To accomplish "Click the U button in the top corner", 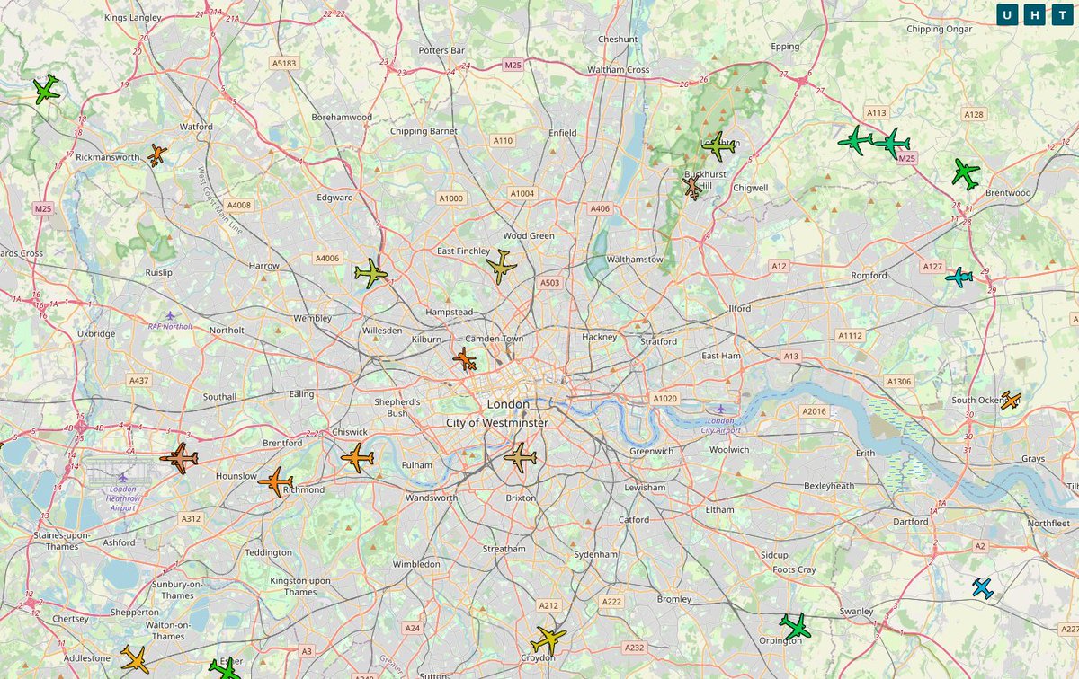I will click(1008, 15).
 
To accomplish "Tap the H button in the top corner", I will click(1035, 15).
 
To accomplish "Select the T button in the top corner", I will click(1062, 15).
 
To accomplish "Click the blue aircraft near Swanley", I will click(983, 589).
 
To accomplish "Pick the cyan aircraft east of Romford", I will click(959, 277).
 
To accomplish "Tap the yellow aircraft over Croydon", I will click(548, 639).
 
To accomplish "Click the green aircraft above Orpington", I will click(795, 626).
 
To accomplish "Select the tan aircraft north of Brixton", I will click(521, 458).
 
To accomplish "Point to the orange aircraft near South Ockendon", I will click(1011, 401).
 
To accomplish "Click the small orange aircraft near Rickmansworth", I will click(156, 154).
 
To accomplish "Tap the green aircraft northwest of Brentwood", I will click(966, 174).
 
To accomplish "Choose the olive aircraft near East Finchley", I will click(501, 267).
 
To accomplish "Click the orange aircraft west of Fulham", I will click(357, 458).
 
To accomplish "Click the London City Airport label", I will click(720, 426).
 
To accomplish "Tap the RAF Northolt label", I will click(170, 326).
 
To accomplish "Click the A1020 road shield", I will click(665, 398).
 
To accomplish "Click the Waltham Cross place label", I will click(618, 69).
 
